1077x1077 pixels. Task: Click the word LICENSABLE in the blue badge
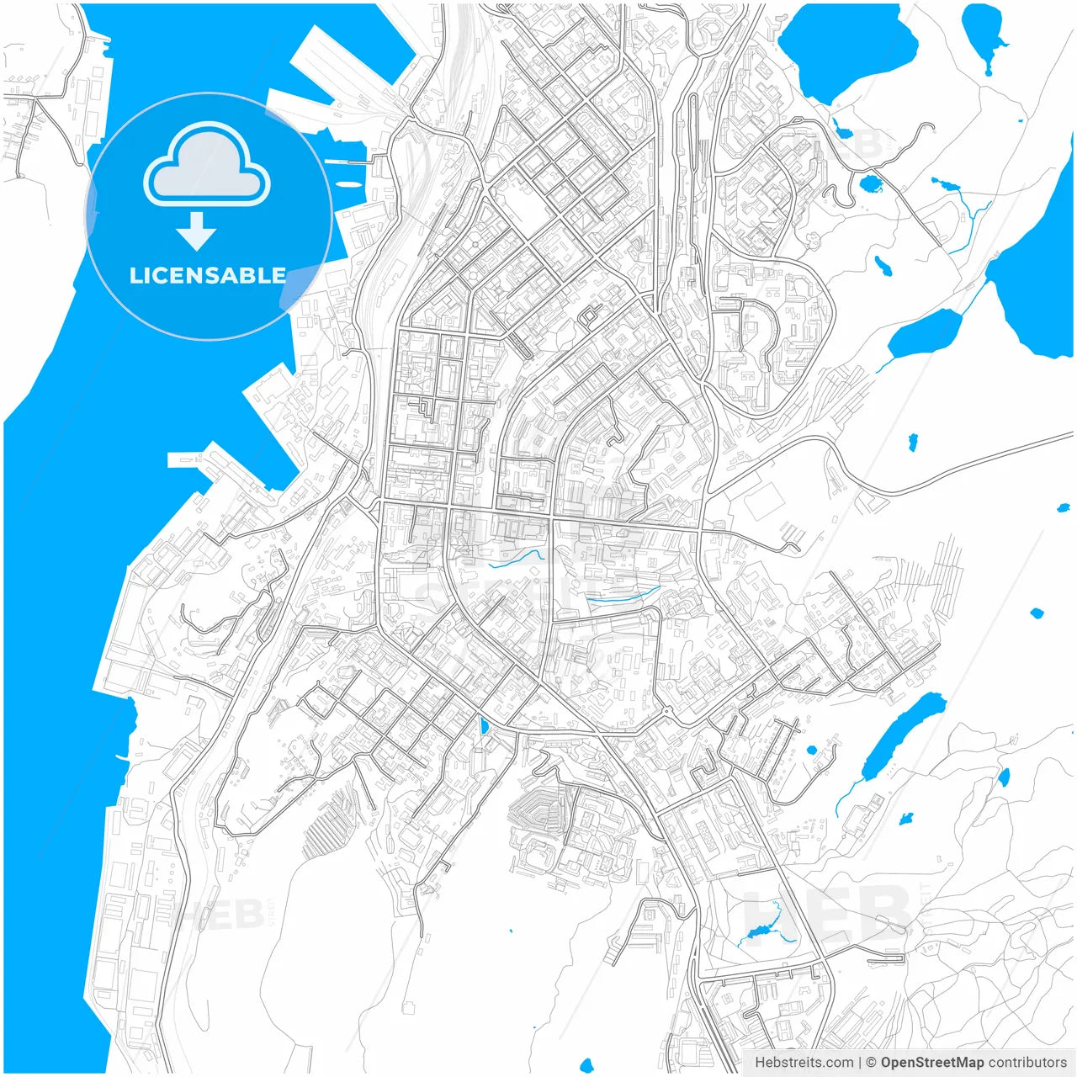point(208,276)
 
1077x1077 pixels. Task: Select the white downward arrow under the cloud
point(197,231)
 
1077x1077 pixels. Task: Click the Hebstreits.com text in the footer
point(804,1063)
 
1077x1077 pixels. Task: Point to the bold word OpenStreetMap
point(931,1063)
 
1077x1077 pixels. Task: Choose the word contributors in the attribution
point(1027,1063)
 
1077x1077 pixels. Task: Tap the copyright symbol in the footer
point(871,1063)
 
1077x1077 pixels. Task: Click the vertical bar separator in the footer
point(859,1063)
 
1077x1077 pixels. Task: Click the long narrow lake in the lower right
point(901,735)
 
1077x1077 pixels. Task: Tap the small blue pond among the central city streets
point(482,725)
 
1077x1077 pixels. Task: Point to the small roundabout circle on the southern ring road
point(666,712)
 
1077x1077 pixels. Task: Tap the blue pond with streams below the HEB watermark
point(757,932)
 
